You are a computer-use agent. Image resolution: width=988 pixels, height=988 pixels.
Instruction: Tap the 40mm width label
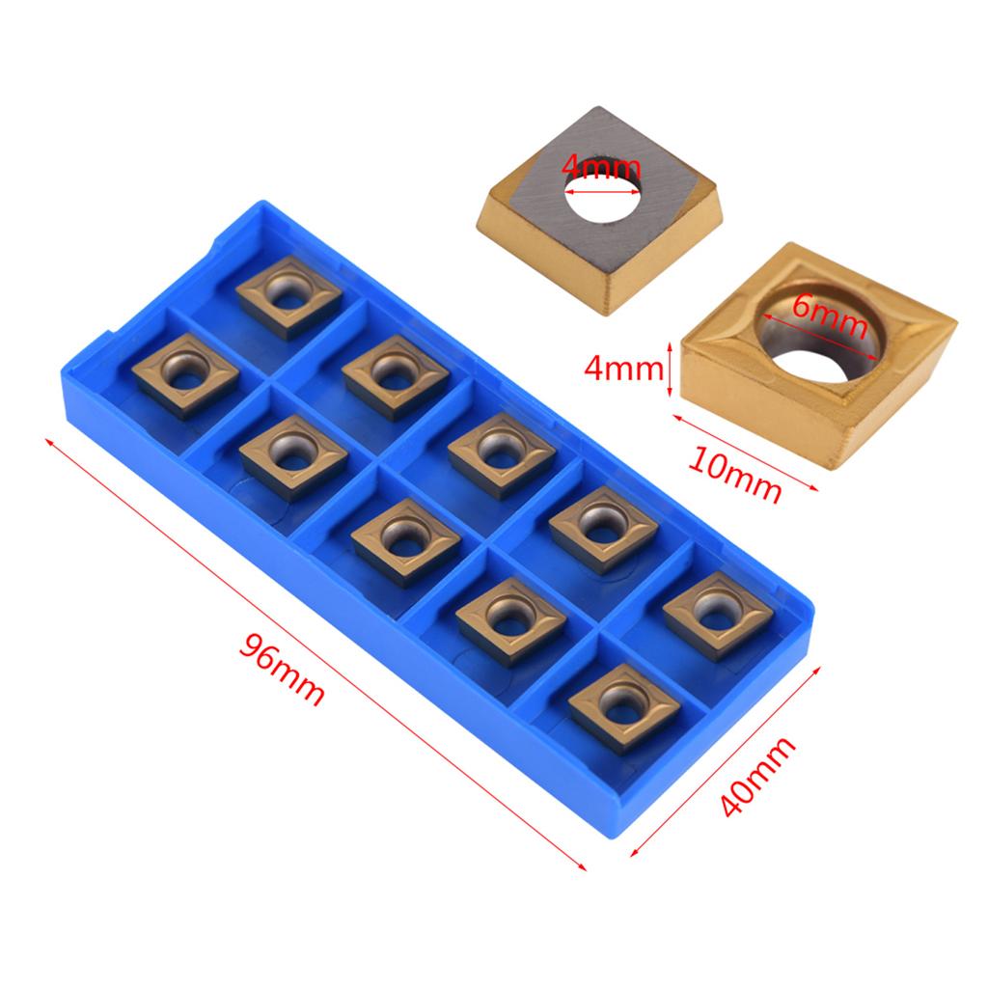click(x=759, y=777)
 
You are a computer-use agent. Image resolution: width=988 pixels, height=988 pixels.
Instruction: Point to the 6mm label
click(x=827, y=316)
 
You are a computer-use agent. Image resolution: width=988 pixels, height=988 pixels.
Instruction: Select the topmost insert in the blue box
click(x=288, y=296)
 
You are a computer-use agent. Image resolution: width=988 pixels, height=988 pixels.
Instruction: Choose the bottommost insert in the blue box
click(x=624, y=707)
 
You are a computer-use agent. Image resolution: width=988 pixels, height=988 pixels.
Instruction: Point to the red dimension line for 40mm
click(x=728, y=762)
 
